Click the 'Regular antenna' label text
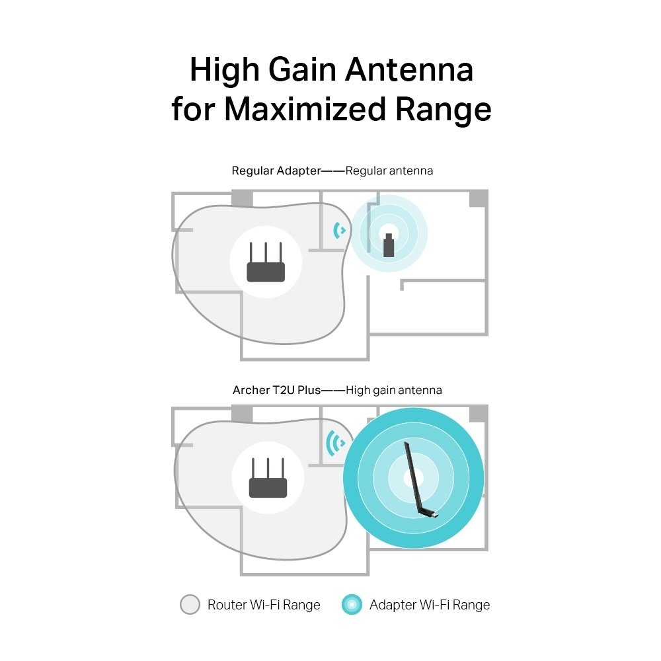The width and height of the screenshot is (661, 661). tap(389, 171)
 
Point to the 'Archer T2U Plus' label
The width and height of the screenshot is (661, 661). tap(276, 390)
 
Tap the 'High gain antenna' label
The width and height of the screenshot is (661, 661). tap(394, 390)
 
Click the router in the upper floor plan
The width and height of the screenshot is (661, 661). tap(266, 264)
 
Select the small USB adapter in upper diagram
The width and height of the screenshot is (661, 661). tap(389, 245)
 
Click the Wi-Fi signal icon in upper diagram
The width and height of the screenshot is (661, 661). tap(340, 231)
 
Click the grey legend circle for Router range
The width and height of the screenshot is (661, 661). tap(190, 604)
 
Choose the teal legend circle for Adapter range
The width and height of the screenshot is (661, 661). tap(352, 604)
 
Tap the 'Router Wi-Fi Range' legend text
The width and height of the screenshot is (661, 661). tap(264, 604)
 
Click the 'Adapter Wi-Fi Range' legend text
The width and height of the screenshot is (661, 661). tap(430, 604)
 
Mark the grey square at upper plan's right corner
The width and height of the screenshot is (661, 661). tap(478, 198)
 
